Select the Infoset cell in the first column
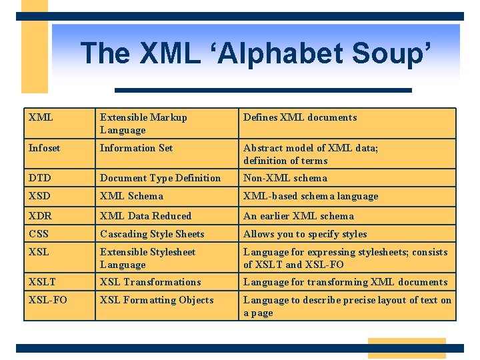[x=44, y=148]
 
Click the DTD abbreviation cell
[x=40, y=178]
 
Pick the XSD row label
[x=40, y=196]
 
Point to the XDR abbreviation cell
[x=40, y=216]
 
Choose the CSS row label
[x=39, y=234]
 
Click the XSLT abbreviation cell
[x=42, y=282]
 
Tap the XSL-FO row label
[x=48, y=300]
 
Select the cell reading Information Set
[x=136, y=148]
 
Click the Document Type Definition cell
[x=160, y=178]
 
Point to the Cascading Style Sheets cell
[x=152, y=234]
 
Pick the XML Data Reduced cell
[x=145, y=216]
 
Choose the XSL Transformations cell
[x=150, y=282]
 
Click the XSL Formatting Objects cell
[x=157, y=300]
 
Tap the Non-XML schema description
[x=285, y=178]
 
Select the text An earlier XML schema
[x=299, y=216]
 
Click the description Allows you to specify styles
[x=305, y=234]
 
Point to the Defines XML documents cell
[x=300, y=117]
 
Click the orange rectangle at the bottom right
[x=407, y=348]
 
